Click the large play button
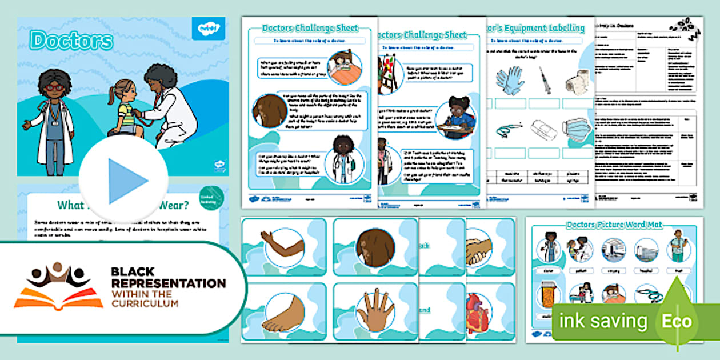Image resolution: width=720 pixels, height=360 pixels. pos(123,179)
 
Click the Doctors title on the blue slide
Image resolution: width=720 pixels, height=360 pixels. pos(72,41)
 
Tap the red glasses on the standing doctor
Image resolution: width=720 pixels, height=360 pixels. pos(54,87)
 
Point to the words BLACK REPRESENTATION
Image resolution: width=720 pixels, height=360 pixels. pos(168,277)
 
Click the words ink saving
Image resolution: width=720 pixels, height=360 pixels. pos(603,321)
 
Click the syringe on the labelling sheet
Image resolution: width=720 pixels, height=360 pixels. pos(543,81)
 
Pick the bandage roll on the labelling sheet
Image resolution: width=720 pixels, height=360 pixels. pos(577,81)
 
